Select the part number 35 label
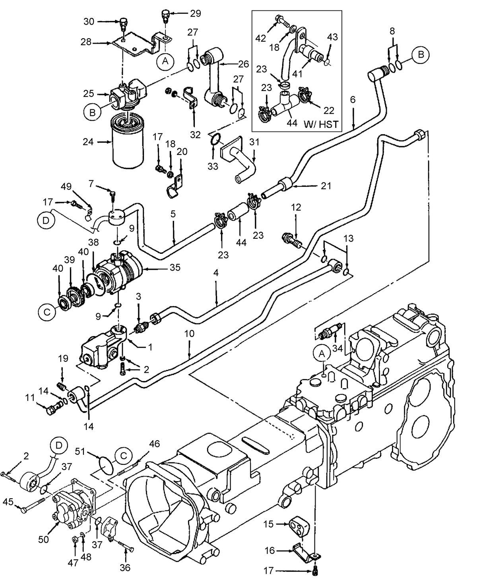[x=175, y=269]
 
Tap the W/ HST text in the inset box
[x=321, y=124]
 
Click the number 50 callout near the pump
[x=43, y=539]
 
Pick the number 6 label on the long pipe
[x=353, y=100]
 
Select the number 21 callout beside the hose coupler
[x=326, y=186]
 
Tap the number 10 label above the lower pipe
[x=190, y=334]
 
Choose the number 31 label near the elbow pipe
[x=254, y=142]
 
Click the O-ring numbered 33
[x=215, y=140]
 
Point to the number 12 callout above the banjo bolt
[x=296, y=207]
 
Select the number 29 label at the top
[x=195, y=13]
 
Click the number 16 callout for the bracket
[x=270, y=551]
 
